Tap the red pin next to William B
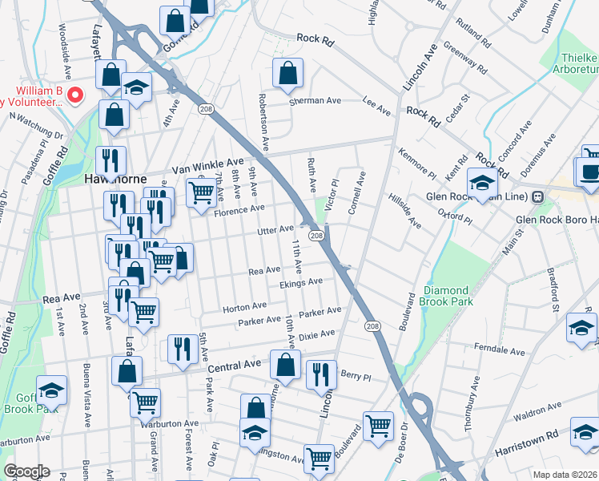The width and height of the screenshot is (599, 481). (x=76, y=96)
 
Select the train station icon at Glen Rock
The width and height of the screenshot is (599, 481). (x=538, y=196)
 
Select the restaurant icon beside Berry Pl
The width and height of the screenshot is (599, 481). (x=320, y=372)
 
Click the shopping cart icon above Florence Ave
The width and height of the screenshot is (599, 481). (x=201, y=192)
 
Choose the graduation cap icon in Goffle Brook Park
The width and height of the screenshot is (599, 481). (x=51, y=390)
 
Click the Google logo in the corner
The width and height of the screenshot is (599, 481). (x=26, y=471)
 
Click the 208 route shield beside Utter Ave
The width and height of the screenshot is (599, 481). (x=316, y=235)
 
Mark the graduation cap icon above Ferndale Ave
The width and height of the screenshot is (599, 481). (x=581, y=326)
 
